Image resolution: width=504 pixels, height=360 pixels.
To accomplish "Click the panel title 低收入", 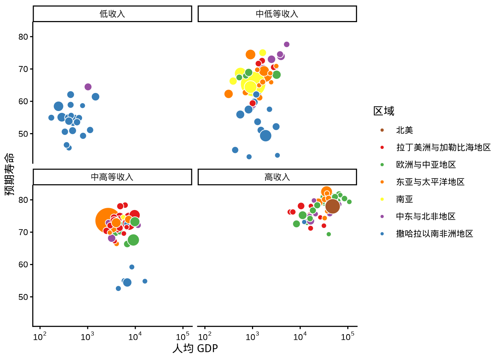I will (x=112, y=14).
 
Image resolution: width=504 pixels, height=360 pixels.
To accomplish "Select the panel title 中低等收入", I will (x=277, y=14).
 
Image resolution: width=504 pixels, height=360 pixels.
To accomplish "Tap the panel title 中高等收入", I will (x=112, y=177).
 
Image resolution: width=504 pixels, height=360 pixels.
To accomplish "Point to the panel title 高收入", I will (x=277, y=177).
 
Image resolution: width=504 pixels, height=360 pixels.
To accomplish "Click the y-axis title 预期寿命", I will (x=9, y=174).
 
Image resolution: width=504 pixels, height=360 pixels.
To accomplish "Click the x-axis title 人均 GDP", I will (x=195, y=348).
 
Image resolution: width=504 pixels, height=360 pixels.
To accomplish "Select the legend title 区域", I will (x=384, y=111).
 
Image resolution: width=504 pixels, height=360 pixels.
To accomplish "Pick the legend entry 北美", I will (x=404, y=130).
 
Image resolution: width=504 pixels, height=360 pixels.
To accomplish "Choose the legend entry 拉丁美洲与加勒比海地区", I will (x=443, y=147).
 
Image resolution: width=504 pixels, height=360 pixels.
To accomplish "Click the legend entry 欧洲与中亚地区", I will (x=426, y=165).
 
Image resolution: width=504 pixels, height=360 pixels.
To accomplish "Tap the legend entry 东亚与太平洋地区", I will (x=430, y=182).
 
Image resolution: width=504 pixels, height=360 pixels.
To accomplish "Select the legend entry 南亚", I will (x=404, y=199).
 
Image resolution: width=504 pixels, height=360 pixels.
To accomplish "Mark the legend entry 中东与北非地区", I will (x=426, y=216).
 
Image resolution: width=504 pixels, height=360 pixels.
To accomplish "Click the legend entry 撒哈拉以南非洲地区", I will (x=434, y=234).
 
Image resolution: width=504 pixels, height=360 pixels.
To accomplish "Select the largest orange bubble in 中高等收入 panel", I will (x=108, y=220).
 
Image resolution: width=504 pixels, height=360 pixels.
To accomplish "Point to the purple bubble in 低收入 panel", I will (x=88, y=87).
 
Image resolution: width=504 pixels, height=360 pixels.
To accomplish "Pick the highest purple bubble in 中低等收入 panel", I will (x=286, y=45).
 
